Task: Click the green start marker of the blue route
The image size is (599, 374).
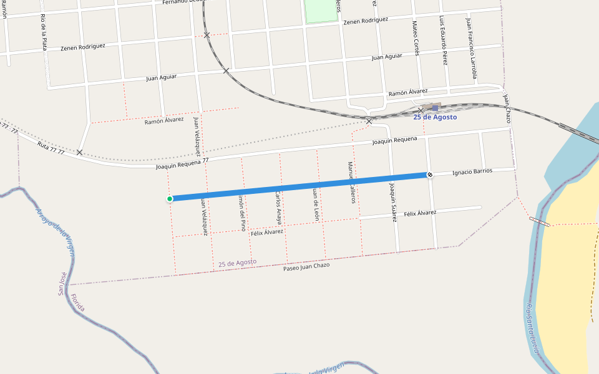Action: (170, 199)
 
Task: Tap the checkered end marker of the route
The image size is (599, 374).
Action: (430, 175)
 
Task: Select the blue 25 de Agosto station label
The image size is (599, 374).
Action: (435, 117)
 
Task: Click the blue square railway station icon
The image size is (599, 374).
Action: (435, 108)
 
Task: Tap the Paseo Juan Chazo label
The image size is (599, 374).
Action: (306, 266)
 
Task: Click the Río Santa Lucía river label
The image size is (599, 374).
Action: (531, 328)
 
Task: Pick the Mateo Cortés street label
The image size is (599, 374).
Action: (416, 38)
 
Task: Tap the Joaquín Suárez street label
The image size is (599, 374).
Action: (393, 203)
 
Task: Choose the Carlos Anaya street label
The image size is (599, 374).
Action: (279, 207)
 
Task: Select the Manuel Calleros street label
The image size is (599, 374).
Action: (351, 182)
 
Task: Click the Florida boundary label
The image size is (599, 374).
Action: (78, 303)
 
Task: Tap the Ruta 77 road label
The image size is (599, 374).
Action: (51, 148)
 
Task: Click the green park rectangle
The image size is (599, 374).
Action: (321, 11)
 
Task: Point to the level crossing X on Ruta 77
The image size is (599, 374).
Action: (79, 152)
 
